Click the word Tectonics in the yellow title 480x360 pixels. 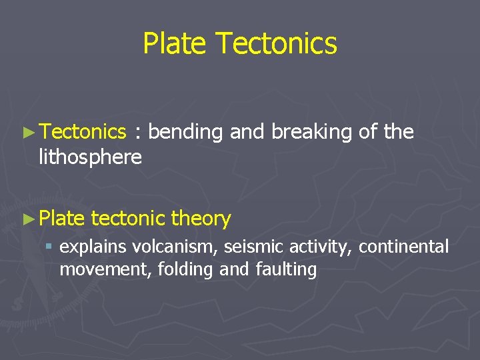(x=277, y=44)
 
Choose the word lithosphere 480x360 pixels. (x=90, y=157)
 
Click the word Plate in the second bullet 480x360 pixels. (x=62, y=218)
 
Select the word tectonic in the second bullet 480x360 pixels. (x=128, y=218)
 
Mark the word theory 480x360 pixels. (x=201, y=219)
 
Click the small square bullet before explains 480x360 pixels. (x=49, y=247)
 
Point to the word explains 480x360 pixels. (x=93, y=247)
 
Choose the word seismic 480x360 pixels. (x=251, y=247)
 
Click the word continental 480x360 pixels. (x=404, y=247)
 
